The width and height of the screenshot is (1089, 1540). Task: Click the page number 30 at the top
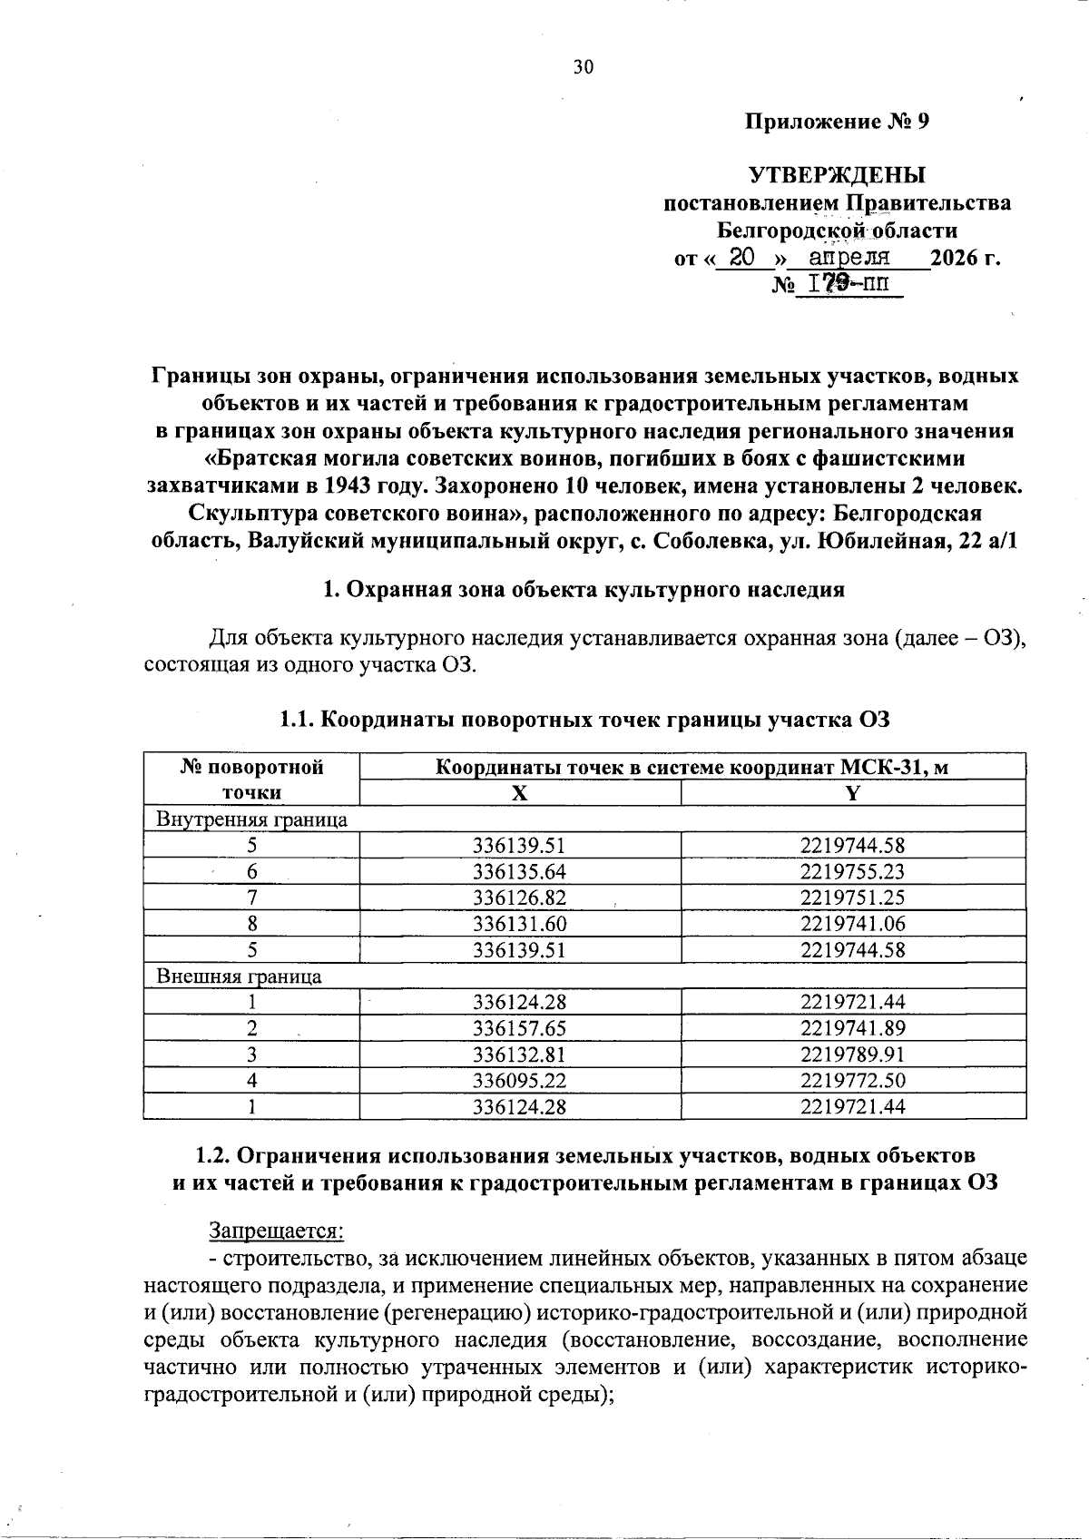(583, 66)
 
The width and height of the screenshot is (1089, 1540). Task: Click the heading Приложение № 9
(837, 122)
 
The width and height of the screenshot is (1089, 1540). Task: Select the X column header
(519, 793)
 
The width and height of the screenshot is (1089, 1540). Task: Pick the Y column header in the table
(852, 793)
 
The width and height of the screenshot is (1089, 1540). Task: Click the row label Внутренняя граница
(252, 819)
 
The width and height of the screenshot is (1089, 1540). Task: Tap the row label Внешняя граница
(240, 976)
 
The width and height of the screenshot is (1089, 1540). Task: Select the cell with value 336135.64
(519, 872)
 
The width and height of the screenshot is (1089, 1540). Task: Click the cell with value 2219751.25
(852, 898)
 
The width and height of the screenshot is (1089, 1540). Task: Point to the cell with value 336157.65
(519, 1029)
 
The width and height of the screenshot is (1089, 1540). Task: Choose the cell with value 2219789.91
(852, 1054)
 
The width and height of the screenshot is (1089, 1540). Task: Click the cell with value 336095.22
(519, 1081)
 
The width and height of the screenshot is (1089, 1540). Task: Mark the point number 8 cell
(252, 924)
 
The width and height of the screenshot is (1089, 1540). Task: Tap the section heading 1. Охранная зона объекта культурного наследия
(584, 590)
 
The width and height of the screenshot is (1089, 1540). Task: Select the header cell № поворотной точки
(252, 780)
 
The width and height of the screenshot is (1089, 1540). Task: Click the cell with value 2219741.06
(852, 924)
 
